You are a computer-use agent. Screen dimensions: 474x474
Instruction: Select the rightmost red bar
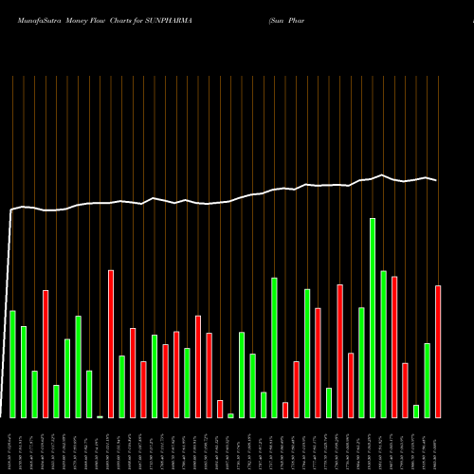coord(438,351)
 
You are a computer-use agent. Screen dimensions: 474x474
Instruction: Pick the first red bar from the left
coord(46,353)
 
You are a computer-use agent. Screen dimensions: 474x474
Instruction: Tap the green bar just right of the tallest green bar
coord(384,343)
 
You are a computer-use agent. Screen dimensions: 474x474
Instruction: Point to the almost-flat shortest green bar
coord(100,416)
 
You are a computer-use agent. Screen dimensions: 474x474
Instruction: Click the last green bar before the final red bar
coord(428,379)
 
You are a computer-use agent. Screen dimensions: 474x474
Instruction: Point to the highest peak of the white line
coord(382,174)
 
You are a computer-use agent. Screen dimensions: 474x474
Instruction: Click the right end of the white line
coord(437,180)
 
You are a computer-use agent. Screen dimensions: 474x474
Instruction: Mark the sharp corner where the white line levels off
coord(11,210)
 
